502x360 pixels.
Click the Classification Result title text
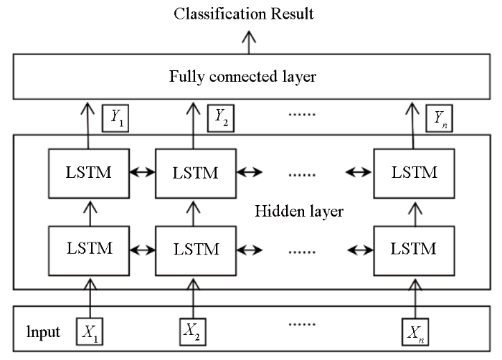click(244, 14)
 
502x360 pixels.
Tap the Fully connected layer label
click(242, 77)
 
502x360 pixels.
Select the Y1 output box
click(115, 118)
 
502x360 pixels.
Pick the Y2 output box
click(221, 118)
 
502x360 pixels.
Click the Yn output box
click(439, 118)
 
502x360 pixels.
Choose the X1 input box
click(90, 331)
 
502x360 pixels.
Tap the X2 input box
click(193, 332)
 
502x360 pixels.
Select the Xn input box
click(415, 332)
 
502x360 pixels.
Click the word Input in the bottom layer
click(43, 332)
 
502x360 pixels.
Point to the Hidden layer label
click(299, 212)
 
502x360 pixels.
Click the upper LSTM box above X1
click(89, 174)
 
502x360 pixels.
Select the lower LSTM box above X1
click(89, 251)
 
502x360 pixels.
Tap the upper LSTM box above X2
click(196, 174)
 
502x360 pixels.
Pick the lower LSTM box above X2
click(196, 251)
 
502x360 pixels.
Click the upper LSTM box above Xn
click(414, 174)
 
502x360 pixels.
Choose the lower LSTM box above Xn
click(414, 251)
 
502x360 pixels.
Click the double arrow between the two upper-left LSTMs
click(143, 173)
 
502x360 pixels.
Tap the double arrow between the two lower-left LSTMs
click(143, 250)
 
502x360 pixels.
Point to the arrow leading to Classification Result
click(249, 42)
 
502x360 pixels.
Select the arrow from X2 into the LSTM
click(193, 298)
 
